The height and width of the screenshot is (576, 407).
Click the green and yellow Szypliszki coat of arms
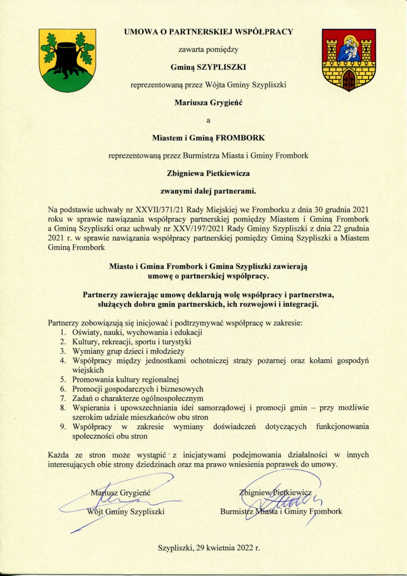pyautogui.click(x=68, y=60)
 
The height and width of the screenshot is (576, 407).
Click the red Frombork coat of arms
pyautogui.click(x=349, y=59)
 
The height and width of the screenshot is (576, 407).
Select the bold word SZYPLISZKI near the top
pyautogui.click(x=221, y=67)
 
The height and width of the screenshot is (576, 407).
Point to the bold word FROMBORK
pyautogui.click(x=240, y=138)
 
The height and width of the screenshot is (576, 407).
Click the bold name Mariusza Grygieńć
pyautogui.click(x=208, y=103)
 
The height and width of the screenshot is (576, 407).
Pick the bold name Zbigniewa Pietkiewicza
pyautogui.click(x=208, y=173)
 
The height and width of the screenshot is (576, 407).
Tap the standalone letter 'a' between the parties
pyautogui.click(x=208, y=120)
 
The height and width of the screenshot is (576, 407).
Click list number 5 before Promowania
pyautogui.click(x=63, y=380)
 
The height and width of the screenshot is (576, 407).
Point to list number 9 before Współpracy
pyautogui.click(x=63, y=427)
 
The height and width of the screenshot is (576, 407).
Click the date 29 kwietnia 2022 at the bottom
pyautogui.click(x=228, y=548)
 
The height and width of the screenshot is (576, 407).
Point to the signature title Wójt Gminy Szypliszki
pyautogui.click(x=126, y=512)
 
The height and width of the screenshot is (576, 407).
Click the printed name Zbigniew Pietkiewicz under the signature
pyautogui.click(x=276, y=493)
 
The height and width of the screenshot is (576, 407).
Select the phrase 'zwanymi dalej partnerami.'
pyautogui.click(x=208, y=191)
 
